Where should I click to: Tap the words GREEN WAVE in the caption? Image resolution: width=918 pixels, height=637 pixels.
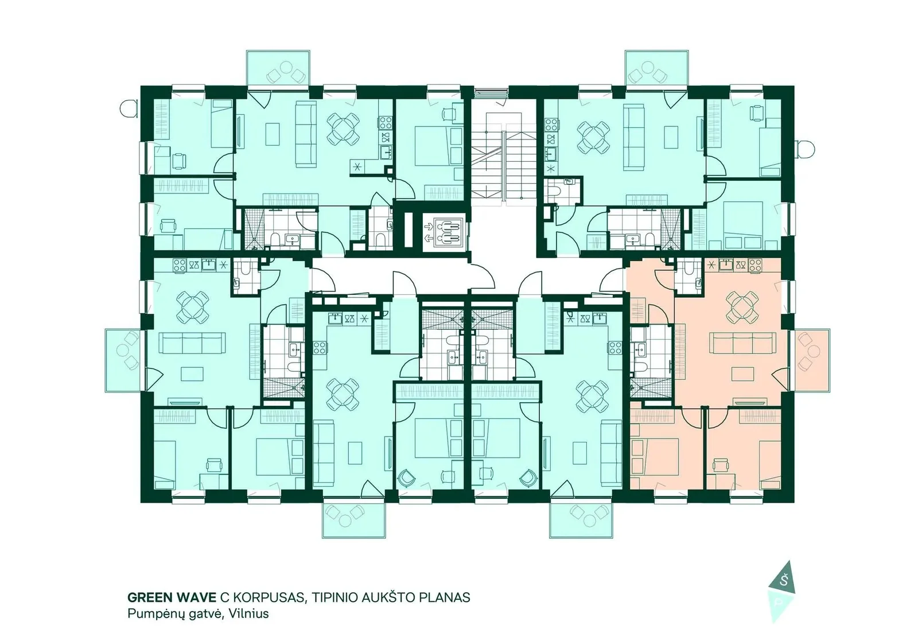tap(172, 597)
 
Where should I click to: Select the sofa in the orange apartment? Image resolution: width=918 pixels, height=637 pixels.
tap(742, 343)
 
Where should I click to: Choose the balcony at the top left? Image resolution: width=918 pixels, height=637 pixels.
tap(278, 68)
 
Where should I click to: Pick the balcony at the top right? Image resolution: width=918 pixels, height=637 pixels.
tap(656, 68)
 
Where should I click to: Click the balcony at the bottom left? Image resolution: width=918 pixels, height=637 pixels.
tap(354, 520)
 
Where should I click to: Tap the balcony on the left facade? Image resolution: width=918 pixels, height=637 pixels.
tap(123, 361)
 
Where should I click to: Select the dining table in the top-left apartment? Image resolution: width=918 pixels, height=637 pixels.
tap(344, 129)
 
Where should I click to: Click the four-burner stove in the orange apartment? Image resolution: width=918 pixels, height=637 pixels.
tap(755, 265)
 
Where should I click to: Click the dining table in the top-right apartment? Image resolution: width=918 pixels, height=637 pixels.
tap(593, 136)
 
